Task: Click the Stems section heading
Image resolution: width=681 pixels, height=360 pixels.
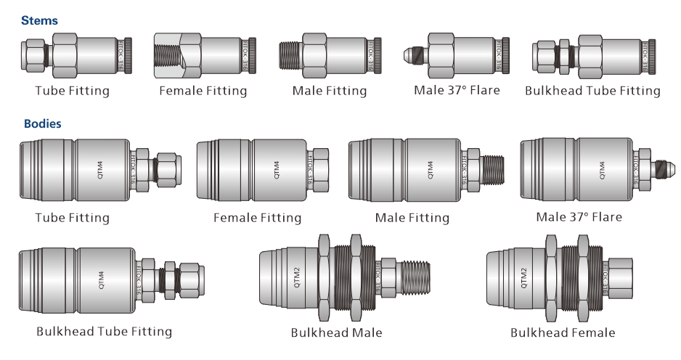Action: pos(40,21)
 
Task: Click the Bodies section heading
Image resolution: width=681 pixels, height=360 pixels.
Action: pos(42,124)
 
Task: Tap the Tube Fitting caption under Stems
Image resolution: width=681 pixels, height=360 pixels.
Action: pos(73,91)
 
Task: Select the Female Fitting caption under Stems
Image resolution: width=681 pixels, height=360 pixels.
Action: pos(203,91)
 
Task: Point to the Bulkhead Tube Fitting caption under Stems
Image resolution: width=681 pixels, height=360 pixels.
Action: pos(592,91)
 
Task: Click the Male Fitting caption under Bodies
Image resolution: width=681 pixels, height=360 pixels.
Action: pos(412,217)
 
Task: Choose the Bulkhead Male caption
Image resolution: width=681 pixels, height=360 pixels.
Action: pos(336,332)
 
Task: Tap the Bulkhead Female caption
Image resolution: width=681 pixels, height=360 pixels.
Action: pos(563,332)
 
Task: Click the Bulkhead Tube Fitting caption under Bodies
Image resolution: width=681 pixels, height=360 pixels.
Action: pos(105,332)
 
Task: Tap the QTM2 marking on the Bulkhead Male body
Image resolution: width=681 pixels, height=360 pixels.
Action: pos(296,278)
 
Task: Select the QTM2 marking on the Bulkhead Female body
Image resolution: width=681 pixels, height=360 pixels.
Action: pos(524,277)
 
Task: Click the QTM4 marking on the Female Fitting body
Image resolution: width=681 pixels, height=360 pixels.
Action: pos(277,170)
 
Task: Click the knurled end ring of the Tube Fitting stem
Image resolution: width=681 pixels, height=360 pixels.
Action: pos(127,55)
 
